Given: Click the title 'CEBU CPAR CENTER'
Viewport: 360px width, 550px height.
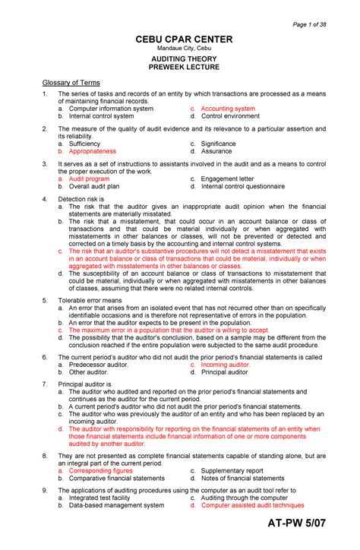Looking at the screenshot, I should [185, 40].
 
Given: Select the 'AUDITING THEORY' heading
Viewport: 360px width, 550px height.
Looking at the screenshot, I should [185, 58].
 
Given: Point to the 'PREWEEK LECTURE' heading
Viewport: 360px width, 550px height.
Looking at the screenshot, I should [185, 67].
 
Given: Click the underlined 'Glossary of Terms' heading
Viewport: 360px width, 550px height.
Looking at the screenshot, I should [71, 82].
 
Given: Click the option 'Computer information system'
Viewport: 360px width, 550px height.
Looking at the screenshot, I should [111, 109].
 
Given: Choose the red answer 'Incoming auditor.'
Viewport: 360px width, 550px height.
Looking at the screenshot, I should [225, 365].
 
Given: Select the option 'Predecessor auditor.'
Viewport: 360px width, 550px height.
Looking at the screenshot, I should [99, 365].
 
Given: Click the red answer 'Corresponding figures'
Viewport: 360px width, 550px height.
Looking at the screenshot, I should [101, 470].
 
